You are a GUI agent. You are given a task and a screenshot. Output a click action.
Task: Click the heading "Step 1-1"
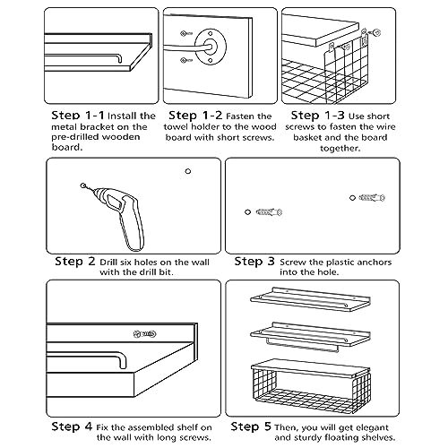point(78,116)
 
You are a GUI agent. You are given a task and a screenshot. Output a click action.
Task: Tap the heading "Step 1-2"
point(195,116)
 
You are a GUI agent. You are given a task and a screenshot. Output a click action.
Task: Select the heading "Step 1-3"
point(317,116)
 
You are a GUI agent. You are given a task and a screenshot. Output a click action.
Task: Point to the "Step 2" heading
point(75,262)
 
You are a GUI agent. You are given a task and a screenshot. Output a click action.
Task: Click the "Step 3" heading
point(254,262)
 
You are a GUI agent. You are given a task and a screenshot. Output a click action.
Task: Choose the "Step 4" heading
point(72,426)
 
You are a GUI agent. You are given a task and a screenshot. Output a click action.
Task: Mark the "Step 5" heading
point(251,426)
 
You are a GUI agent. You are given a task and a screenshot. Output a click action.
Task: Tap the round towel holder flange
point(211,47)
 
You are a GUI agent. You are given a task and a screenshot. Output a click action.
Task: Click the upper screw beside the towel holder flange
point(185,33)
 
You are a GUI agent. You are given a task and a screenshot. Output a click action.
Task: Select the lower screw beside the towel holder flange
point(185,61)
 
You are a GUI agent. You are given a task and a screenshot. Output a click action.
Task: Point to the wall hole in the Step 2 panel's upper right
point(188,171)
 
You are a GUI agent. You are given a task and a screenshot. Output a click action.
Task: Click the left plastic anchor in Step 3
point(269,212)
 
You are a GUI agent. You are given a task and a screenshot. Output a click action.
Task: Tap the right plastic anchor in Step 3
point(372,197)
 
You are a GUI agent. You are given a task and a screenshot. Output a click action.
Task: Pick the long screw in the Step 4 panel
point(144,333)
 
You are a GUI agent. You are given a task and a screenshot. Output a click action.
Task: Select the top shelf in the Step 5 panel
point(311,299)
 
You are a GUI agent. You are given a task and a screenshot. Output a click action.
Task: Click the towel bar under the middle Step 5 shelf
point(302,345)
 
